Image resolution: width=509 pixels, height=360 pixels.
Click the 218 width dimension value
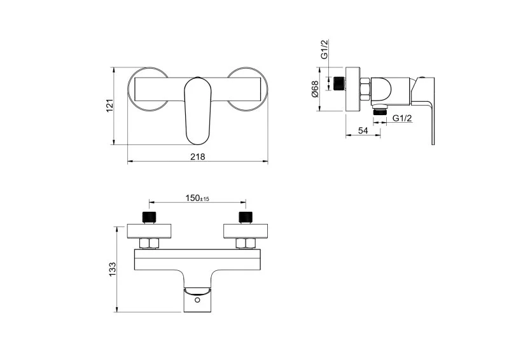tap(198, 157)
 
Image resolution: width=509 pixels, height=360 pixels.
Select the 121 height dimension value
tap(110, 106)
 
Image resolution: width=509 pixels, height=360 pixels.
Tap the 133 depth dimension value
tap(112, 269)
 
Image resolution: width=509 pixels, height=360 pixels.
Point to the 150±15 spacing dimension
tap(197, 198)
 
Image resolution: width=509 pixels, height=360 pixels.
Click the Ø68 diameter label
tap(315, 89)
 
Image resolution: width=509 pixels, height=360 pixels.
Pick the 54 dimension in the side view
tap(363, 130)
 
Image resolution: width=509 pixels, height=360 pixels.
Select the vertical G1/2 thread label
tap(324, 49)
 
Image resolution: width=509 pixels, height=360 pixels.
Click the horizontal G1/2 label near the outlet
tap(402, 118)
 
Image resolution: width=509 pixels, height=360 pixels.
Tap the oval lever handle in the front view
tap(198, 111)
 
